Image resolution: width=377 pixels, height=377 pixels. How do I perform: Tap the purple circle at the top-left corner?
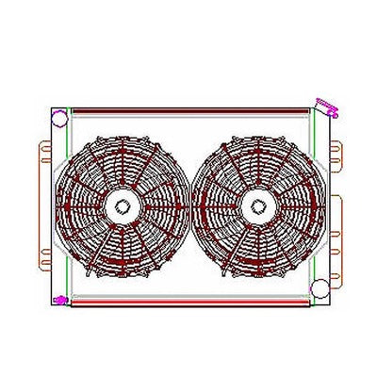click(x=58, y=119)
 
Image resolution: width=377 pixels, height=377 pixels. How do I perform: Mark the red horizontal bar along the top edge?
click(x=188, y=106)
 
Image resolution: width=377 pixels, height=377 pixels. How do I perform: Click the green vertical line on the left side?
click(x=67, y=207)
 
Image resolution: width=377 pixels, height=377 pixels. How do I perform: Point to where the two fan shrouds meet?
click(x=188, y=205)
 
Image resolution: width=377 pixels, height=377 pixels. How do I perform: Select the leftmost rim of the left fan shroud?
click(x=57, y=205)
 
